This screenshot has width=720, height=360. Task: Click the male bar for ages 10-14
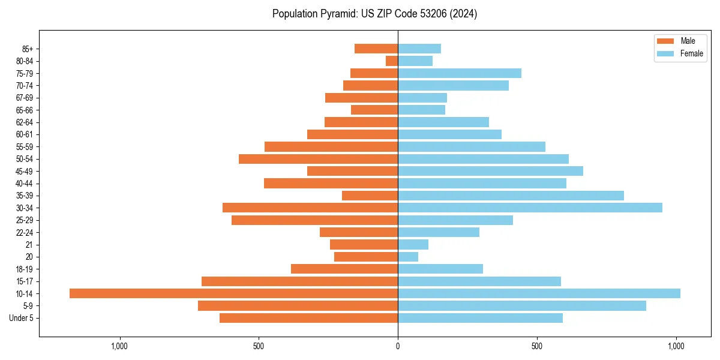click(x=233, y=293)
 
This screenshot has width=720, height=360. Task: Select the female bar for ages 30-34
click(x=530, y=208)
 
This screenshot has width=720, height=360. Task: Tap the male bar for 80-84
click(x=392, y=61)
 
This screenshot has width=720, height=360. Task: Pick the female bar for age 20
click(x=408, y=257)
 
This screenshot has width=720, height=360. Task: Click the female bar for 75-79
click(x=460, y=73)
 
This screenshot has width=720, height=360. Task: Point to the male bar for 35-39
click(x=370, y=196)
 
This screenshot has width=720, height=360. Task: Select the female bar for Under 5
click(x=480, y=318)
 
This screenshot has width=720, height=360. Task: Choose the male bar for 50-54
click(x=318, y=159)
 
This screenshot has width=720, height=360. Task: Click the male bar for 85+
click(x=376, y=49)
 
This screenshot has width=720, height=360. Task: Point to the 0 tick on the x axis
click(x=398, y=347)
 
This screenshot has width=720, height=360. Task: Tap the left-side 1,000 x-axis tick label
click(x=120, y=347)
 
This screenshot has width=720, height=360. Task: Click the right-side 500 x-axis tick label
click(x=537, y=347)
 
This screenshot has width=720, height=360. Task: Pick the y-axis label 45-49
click(x=25, y=171)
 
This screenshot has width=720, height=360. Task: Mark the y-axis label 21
click(x=29, y=245)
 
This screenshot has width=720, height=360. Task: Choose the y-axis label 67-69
click(x=25, y=98)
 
